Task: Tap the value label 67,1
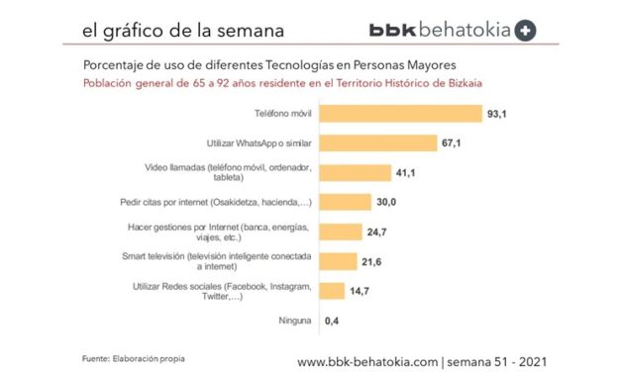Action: [453, 143]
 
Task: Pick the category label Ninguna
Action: [297, 321]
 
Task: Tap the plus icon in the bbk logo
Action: [526, 31]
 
